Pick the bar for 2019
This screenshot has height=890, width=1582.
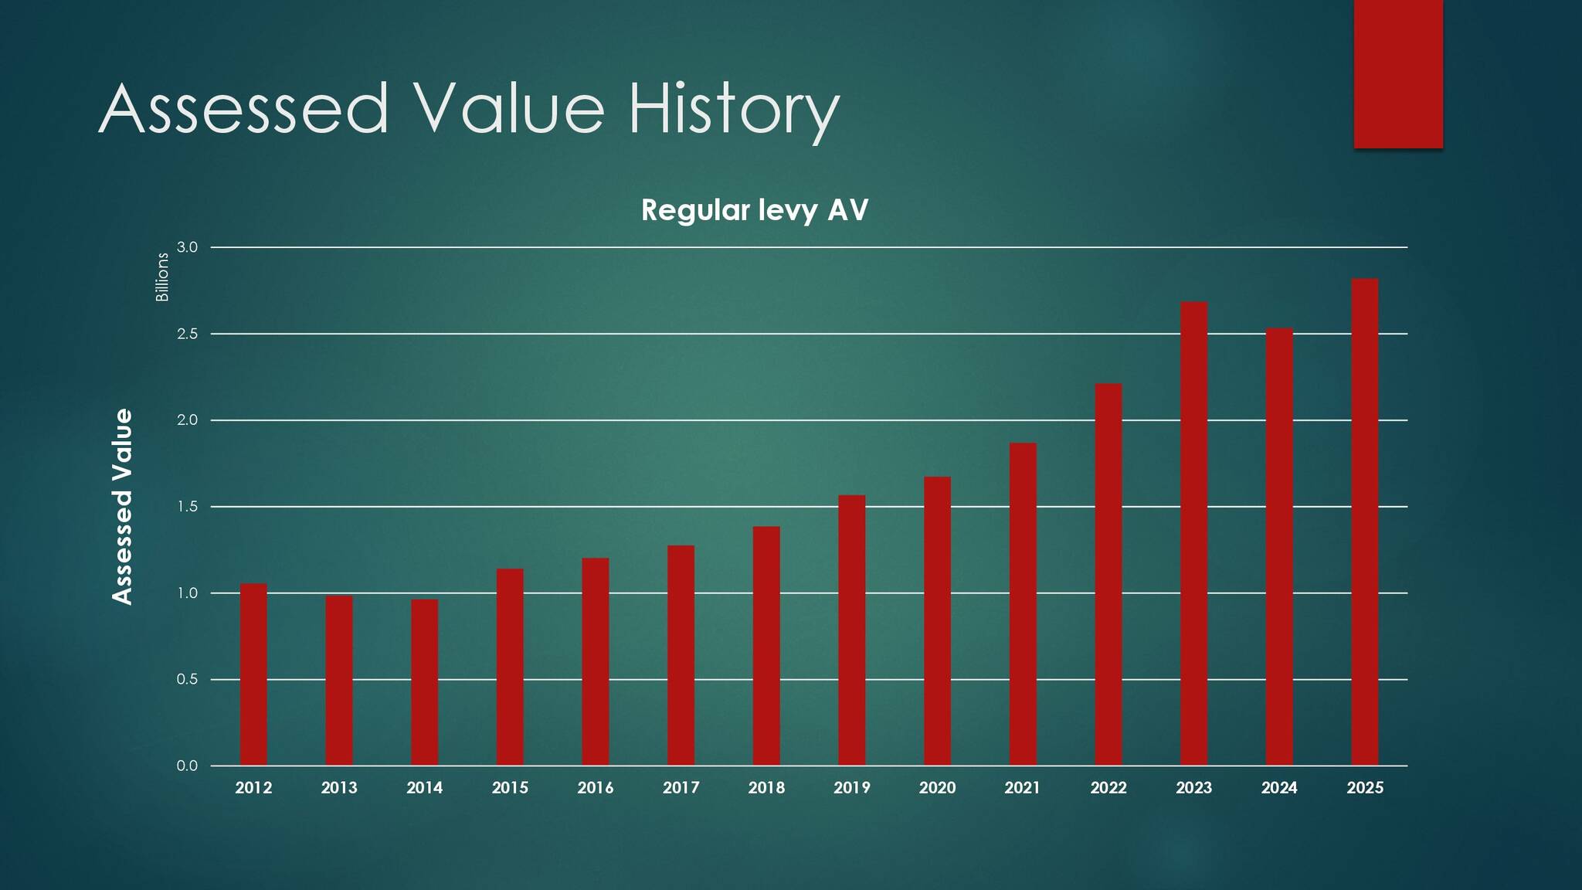[x=851, y=630]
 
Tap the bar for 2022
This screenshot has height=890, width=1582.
[x=1108, y=575]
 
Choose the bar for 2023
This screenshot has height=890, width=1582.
[x=1193, y=534]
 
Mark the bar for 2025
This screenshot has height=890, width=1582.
[x=1364, y=522]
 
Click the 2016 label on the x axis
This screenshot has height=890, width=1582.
[x=595, y=788]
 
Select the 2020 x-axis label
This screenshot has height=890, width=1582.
[x=937, y=788]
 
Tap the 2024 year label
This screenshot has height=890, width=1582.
[x=1279, y=788]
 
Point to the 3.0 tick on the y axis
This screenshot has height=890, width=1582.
[x=187, y=247]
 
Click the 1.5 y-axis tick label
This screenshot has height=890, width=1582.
[x=187, y=507]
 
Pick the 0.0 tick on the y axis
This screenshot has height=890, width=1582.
[x=187, y=766]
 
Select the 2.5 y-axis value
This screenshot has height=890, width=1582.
[x=187, y=334]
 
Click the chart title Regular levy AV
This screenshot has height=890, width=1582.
[x=755, y=210]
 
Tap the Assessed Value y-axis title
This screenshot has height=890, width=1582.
[x=122, y=507]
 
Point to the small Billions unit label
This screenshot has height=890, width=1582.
[x=162, y=277]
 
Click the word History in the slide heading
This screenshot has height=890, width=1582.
[x=733, y=110]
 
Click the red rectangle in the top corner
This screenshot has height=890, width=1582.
[x=1398, y=73]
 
